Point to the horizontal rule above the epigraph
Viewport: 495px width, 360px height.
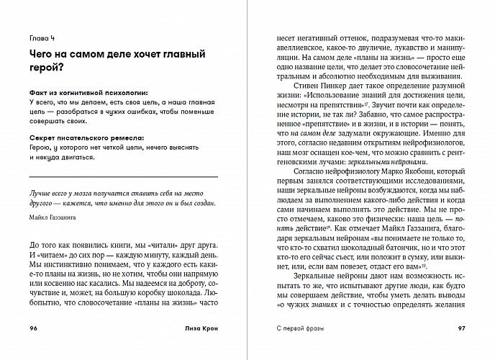(122, 177)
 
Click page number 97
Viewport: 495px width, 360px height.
(461, 328)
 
